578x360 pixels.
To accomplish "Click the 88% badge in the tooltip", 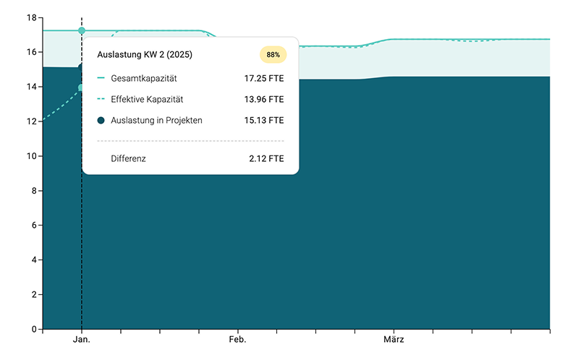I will pos(273,54).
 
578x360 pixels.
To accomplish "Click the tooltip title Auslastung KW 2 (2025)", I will pos(145,54).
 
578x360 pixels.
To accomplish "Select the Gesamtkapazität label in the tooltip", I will pos(144,78).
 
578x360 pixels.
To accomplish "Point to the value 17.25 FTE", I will pos(264,78).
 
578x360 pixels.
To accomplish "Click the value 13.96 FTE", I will pos(264,99).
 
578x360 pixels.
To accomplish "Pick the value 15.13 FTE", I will pos(264,120).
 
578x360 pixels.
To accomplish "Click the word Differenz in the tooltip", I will pos(128,158).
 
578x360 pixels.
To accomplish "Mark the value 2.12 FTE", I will pos(266,158).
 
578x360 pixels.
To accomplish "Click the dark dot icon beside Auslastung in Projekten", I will pos(101,120).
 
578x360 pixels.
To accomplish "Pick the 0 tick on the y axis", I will pos(34,330).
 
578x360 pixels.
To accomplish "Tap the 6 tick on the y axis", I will pos(34,226).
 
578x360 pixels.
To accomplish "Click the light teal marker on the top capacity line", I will pos(82,30).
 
